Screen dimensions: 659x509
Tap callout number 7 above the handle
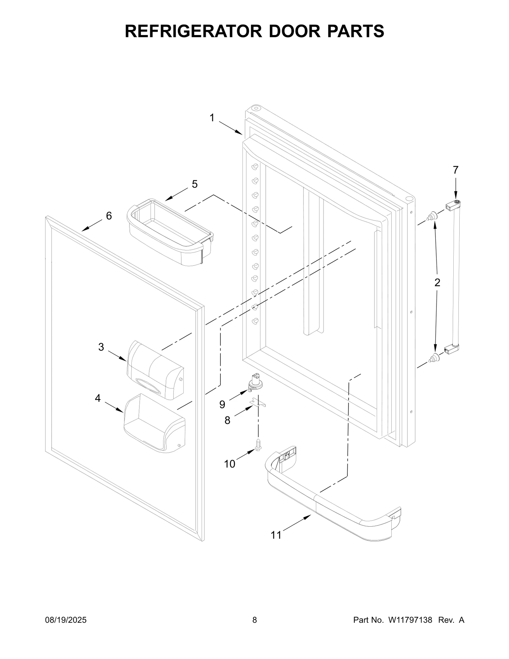(456, 170)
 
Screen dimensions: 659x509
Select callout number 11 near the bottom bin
(276, 535)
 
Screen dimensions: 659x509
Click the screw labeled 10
(258, 445)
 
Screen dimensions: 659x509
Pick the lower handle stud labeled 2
(432, 359)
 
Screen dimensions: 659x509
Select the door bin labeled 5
(170, 232)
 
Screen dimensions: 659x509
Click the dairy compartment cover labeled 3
(155, 370)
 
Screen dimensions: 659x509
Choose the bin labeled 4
(154, 423)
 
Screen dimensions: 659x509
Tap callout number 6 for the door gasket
(109, 216)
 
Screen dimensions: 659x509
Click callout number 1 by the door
(212, 118)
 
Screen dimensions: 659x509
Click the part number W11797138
(410, 620)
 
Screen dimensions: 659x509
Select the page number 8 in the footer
(254, 620)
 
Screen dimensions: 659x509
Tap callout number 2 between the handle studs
(437, 282)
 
